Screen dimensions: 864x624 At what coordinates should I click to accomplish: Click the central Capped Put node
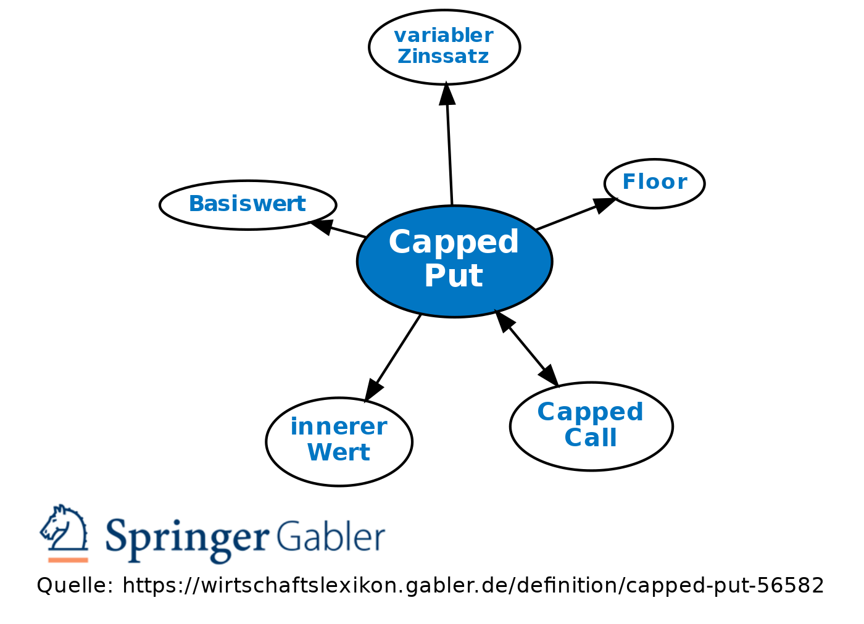click(455, 262)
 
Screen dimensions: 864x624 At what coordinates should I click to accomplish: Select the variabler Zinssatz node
click(444, 47)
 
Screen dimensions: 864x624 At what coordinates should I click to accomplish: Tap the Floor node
click(655, 183)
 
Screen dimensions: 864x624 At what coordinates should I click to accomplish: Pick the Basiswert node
click(248, 205)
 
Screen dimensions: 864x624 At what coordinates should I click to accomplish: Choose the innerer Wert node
click(339, 441)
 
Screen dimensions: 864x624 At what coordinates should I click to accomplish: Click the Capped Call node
click(591, 426)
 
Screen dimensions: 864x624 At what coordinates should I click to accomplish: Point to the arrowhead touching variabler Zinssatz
click(447, 93)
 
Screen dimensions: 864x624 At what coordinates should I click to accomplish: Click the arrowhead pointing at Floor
click(605, 205)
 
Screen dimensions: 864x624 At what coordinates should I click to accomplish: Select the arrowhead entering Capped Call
click(549, 375)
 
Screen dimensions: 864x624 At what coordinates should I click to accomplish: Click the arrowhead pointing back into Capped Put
click(504, 321)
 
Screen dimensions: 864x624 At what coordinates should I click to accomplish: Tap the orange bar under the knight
click(69, 560)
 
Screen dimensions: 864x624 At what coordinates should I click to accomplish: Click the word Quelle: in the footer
click(75, 586)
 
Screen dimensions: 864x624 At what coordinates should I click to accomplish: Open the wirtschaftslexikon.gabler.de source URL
click(473, 586)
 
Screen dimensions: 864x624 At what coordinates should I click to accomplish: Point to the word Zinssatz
click(444, 57)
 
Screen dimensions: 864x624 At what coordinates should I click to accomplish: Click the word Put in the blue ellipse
click(454, 276)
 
